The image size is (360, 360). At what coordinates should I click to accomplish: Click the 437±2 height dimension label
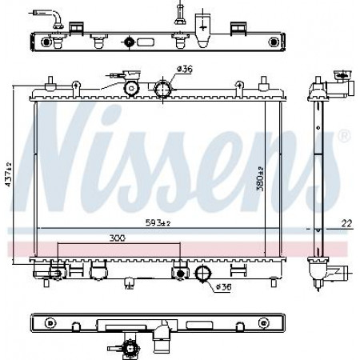click(x=8, y=174)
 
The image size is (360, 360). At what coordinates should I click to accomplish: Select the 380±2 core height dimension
click(x=260, y=178)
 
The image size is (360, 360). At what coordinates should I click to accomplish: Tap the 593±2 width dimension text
click(x=158, y=222)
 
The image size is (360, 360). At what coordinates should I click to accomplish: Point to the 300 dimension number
click(x=118, y=238)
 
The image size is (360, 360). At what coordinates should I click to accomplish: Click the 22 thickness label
click(x=347, y=223)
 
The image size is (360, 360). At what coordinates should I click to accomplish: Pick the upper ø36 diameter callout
click(x=185, y=70)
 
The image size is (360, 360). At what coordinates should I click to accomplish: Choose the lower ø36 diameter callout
click(x=223, y=287)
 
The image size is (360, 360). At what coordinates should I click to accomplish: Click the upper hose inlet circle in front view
click(x=163, y=88)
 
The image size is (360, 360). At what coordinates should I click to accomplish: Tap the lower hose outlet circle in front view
click(x=203, y=273)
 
